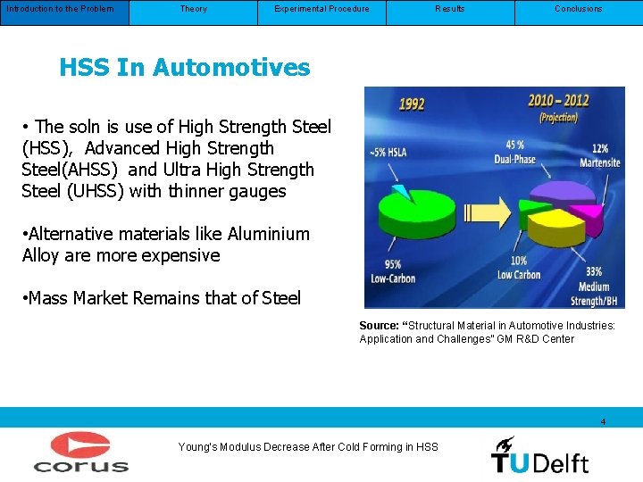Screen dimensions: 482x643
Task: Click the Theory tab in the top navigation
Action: tap(193, 10)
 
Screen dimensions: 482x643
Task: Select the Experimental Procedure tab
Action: tap(321, 10)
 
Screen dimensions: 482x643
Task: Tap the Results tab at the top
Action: tap(450, 10)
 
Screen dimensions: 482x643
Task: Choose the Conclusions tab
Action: tap(578, 10)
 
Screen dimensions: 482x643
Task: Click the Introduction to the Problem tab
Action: tap(60, 10)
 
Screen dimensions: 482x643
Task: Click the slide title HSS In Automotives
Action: tap(185, 67)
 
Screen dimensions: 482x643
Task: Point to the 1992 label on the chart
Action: tap(411, 105)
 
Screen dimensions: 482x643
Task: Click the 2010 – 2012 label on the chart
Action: tap(558, 100)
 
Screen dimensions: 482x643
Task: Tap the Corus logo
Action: tap(81, 453)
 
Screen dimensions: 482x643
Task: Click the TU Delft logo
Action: tap(539, 454)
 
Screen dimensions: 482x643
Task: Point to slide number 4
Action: tap(604, 421)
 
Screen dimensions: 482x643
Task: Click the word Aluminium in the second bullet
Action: tap(269, 235)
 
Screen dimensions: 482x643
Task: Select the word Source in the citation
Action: tap(378, 326)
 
